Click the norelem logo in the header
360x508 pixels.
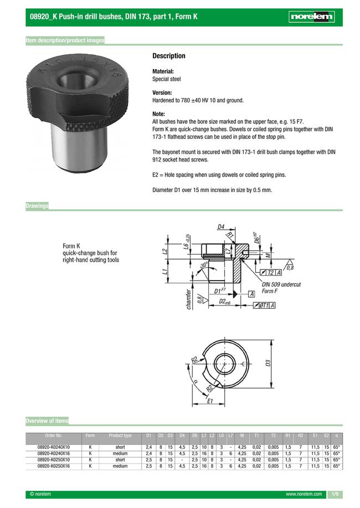point(312,17)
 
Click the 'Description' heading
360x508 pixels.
point(168,56)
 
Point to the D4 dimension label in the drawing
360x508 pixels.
point(220,226)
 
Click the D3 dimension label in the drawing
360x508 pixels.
point(268,363)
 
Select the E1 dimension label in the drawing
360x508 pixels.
point(210,402)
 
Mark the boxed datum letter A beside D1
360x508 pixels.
point(251,293)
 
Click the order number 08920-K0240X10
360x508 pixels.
point(53,447)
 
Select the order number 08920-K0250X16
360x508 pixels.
point(53,466)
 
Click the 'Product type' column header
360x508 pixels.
point(120,436)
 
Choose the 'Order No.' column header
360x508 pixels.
point(53,436)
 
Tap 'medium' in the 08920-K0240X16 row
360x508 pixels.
point(120,453)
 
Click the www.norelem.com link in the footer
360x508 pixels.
point(304,494)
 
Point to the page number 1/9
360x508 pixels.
point(335,494)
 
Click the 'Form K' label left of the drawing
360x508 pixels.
point(71,246)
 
